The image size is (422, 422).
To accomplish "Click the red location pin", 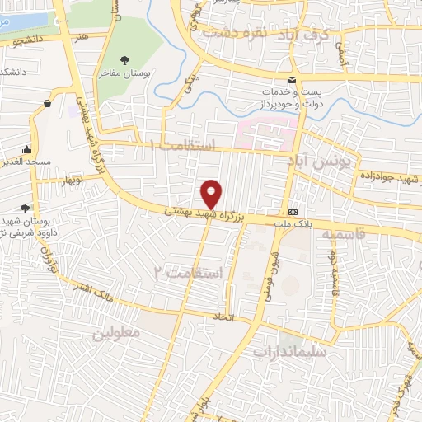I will pyautogui.click(x=212, y=194).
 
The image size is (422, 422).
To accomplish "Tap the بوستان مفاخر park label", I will pyautogui.click(x=124, y=73).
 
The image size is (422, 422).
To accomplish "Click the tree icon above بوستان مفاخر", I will pyautogui.click(x=124, y=59).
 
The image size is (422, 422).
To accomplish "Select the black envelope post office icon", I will pyautogui.click(x=291, y=79).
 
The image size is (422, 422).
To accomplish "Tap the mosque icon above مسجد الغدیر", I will pyautogui.click(x=28, y=150).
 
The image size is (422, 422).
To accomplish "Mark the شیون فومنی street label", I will pyautogui.click(x=272, y=269).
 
